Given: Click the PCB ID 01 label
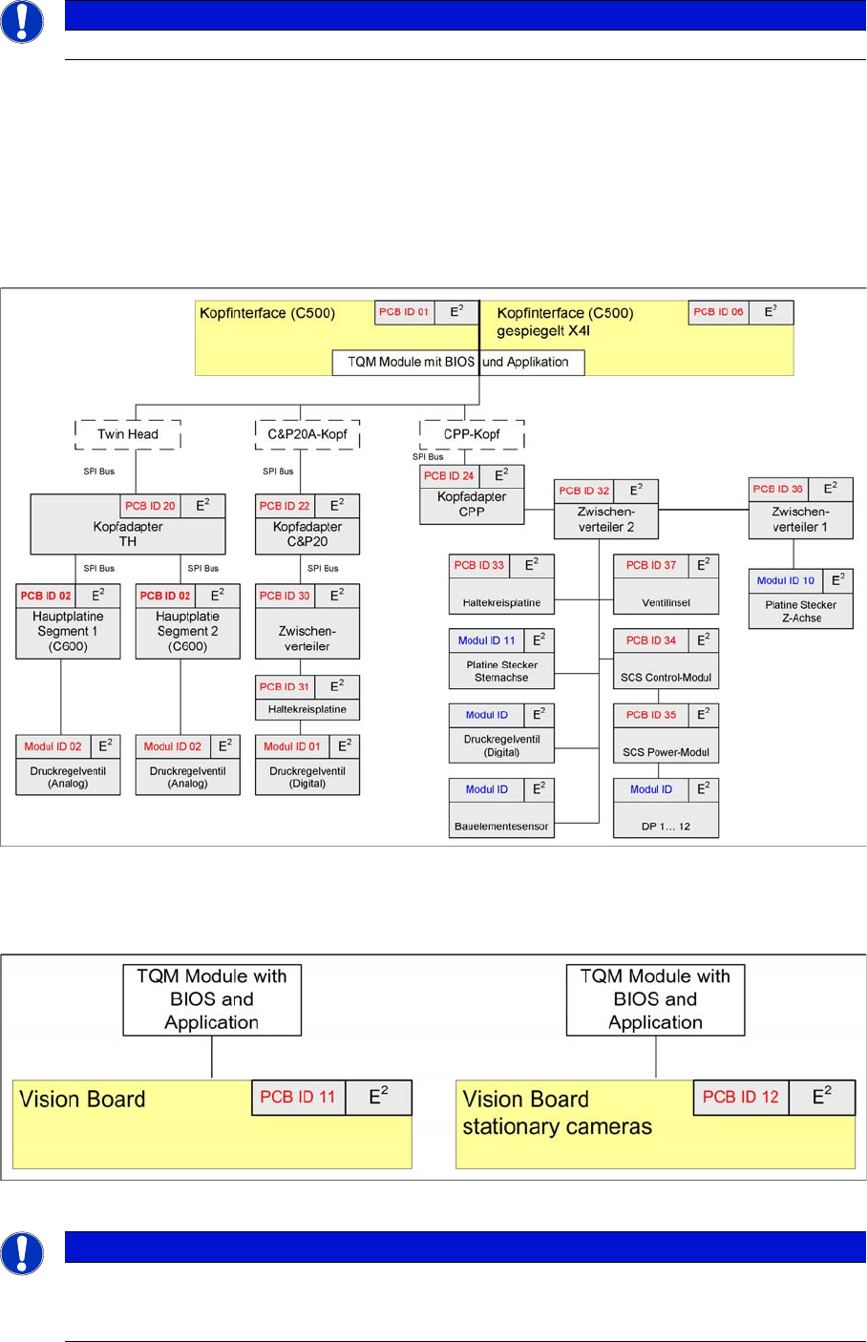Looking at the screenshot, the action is coord(404,312).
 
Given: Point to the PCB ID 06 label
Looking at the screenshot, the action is coord(718,312).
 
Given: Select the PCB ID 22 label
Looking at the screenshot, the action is coord(285,506).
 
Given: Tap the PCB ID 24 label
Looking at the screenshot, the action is coord(449,476).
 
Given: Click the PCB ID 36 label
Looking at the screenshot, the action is coord(778,490).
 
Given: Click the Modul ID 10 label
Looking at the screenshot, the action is coord(786,580).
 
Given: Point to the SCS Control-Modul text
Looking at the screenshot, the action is coord(666,678).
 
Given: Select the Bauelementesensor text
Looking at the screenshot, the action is coord(501,827).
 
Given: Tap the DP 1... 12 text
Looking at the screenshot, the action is coord(666,827).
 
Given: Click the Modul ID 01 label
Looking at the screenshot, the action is coord(292,747).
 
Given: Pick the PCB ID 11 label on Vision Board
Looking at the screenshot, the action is coord(298,1098).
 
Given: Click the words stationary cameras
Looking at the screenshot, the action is coord(558,1127).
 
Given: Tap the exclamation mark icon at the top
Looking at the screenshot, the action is coord(22,21).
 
